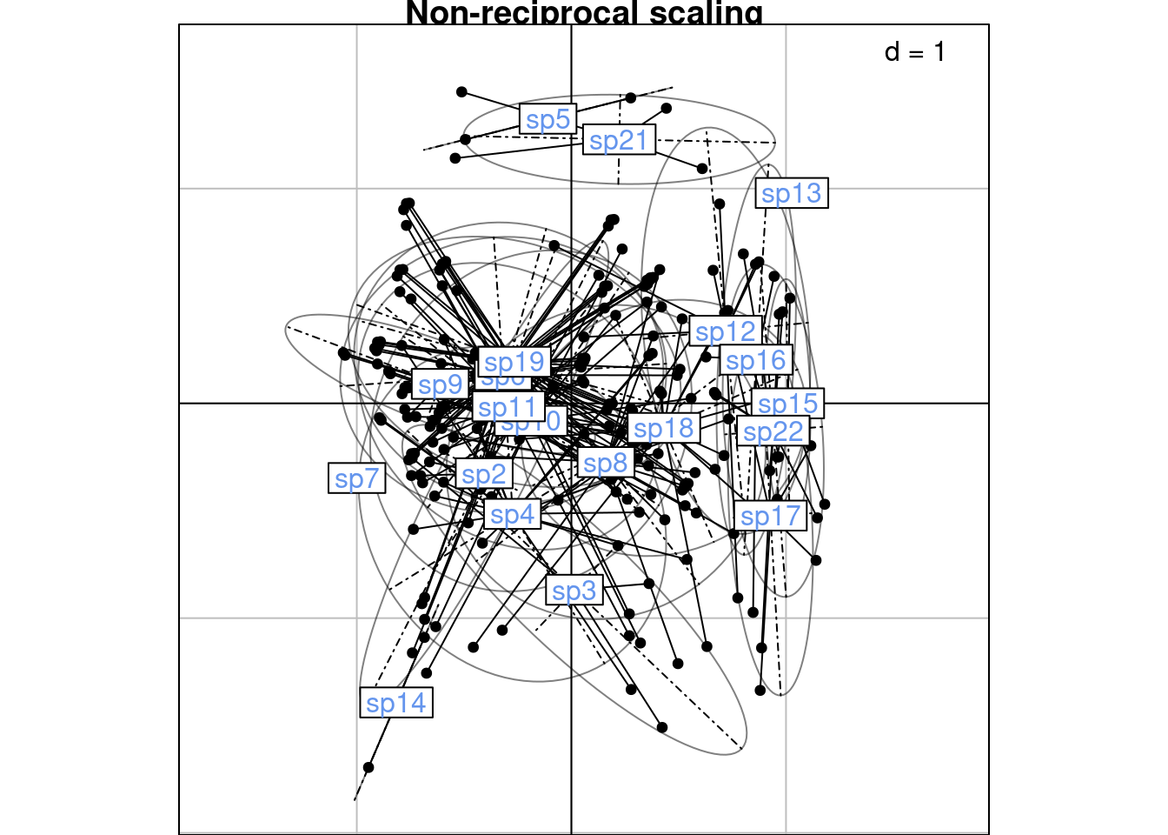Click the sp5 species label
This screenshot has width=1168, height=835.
click(x=548, y=119)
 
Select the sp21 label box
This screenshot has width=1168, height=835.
click(x=619, y=140)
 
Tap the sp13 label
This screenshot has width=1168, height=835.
click(x=791, y=193)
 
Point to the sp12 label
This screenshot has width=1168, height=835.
click(x=726, y=331)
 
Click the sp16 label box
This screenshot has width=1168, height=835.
click(x=755, y=360)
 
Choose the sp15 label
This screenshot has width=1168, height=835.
click(x=788, y=404)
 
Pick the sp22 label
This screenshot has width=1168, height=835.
click(x=773, y=431)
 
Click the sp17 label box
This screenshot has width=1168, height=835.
click(x=770, y=516)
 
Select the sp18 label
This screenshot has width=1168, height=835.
click(x=664, y=428)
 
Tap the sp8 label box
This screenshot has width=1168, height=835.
click(x=605, y=463)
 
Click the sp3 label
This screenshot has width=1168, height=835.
click(x=574, y=591)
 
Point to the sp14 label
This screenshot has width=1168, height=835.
click(x=396, y=703)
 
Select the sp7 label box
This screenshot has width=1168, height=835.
click(x=357, y=478)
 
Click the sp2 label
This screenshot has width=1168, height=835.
click(x=483, y=474)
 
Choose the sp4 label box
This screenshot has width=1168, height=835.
click(x=512, y=515)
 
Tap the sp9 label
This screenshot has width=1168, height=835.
click(x=440, y=384)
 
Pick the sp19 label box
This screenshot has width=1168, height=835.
click(x=514, y=362)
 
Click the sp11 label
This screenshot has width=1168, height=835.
click(x=508, y=407)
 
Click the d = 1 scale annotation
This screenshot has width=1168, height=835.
click(x=914, y=52)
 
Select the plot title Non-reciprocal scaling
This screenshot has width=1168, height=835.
click(x=584, y=12)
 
